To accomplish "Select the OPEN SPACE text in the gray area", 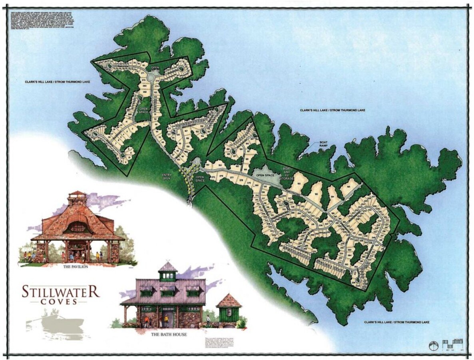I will click(265, 175).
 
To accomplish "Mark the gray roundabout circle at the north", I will click(151, 76).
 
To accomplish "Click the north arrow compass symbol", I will click(433, 346).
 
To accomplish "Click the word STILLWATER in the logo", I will click(61, 291).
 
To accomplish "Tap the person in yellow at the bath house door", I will click(166, 319).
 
